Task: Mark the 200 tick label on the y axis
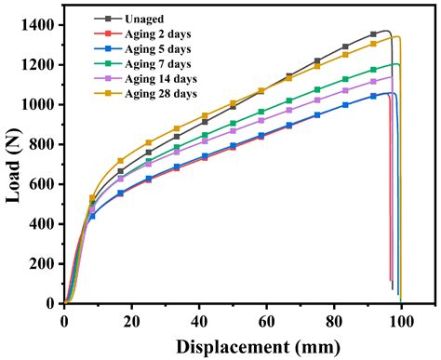click(44, 263)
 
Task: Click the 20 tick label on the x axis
click(131, 320)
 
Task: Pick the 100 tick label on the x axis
click(401, 320)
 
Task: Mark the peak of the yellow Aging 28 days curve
click(396, 37)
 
